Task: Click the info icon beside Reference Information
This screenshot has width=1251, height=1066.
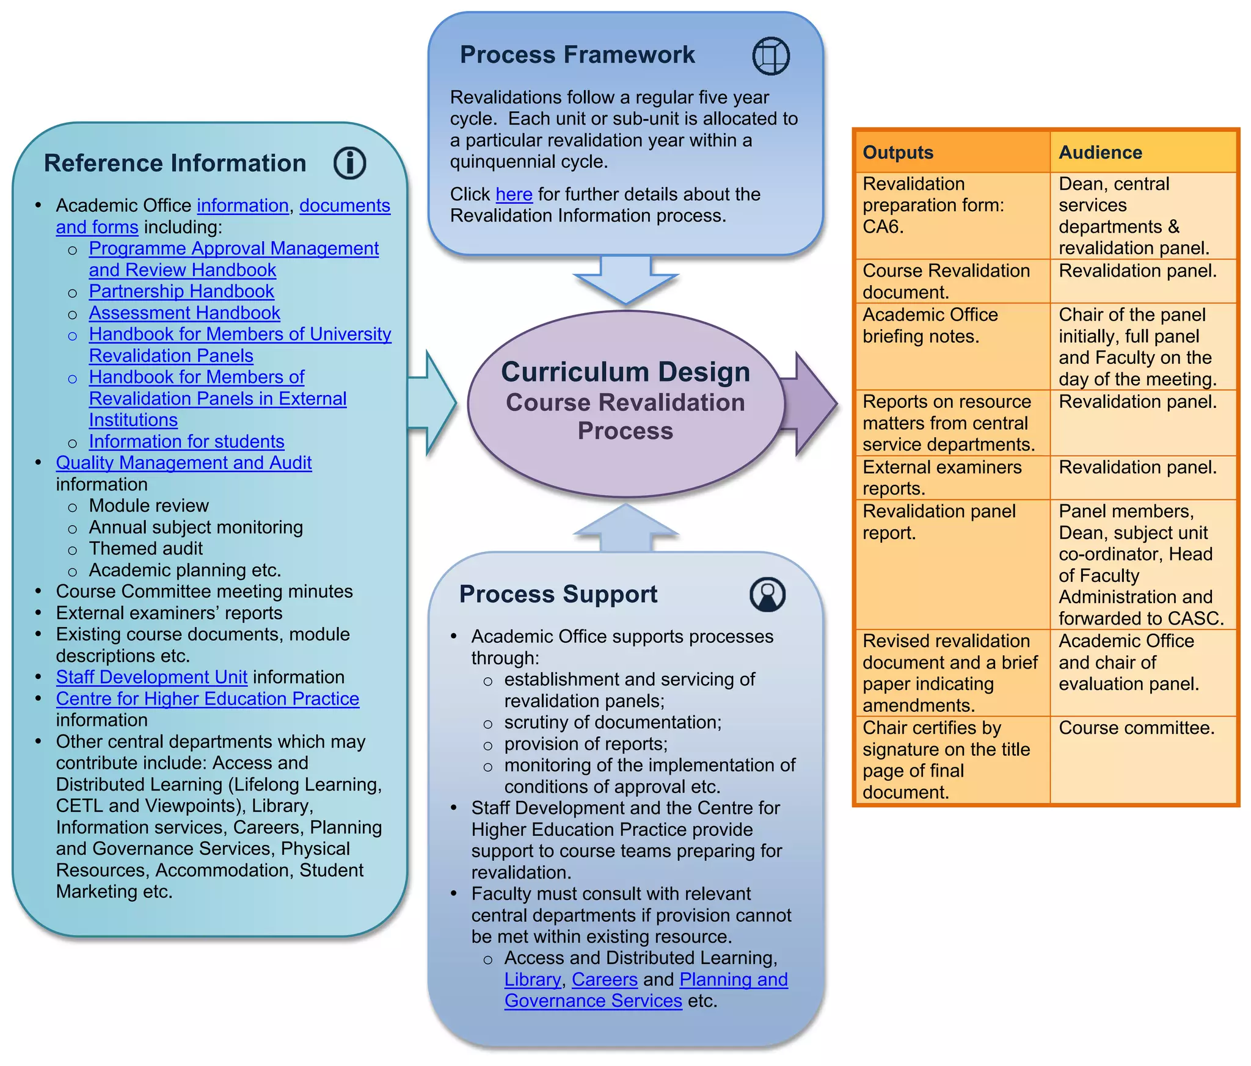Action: (349, 163)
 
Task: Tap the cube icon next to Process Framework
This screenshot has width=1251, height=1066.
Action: (770, 56)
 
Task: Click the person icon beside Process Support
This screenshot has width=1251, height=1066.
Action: (767, 594)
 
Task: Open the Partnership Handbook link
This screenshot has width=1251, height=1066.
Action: (181, 291)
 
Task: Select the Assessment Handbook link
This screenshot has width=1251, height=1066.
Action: (184, 313)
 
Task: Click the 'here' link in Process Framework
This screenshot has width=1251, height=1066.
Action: (514, 194)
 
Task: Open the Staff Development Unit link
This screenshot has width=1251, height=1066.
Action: (151, 676)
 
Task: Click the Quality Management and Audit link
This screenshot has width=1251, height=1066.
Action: (183, 463)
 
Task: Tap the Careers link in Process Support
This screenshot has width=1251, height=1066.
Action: (604, 979)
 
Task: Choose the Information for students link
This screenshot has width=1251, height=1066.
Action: (186, 441)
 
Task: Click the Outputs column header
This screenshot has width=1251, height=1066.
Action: (897, 152)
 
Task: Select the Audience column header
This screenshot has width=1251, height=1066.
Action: (1100, 152)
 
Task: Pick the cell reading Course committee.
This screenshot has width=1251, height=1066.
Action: (1136, 728)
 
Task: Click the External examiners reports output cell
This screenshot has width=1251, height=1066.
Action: (941, 477)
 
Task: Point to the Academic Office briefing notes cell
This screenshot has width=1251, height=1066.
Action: (930, 325)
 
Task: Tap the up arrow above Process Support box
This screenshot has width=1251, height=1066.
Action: (625, 529)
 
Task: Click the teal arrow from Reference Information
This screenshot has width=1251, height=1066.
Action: (432, 403)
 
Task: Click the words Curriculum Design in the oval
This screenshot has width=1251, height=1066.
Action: (625, 372)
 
